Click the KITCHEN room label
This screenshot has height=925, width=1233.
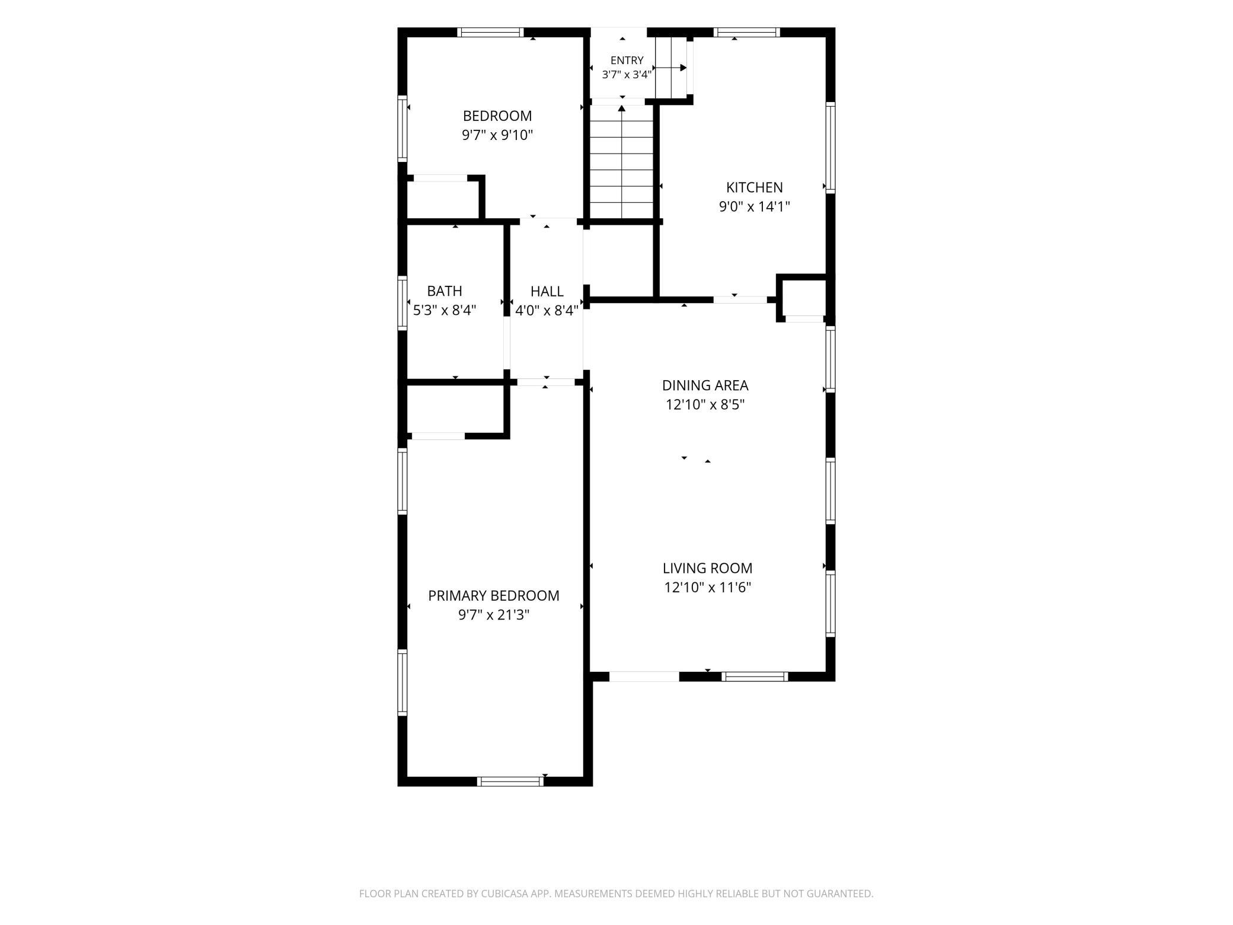(x=754, y=187)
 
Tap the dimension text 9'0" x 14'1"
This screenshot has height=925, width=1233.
(x=754, y=207)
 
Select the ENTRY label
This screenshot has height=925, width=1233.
(x=627, y=60)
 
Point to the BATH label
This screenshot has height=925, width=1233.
(x=445, y=291)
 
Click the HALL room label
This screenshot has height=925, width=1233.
(x=547, y=291)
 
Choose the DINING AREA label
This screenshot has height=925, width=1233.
(x=705, y=385)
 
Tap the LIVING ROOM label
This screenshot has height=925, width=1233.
(x=707, y=568)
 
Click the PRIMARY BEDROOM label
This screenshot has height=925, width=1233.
(x=493, y=595)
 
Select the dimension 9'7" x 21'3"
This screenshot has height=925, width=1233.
(x=493, y=615)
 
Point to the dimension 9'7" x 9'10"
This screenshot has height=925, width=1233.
(x=497, y=135)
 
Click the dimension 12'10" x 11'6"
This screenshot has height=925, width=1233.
(x=707, y=588)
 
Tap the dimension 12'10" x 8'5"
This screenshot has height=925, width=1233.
(x=705, y=405)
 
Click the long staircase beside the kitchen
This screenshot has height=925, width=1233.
(x=621, y=162)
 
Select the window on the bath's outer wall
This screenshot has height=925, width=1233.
(x=403, y=302)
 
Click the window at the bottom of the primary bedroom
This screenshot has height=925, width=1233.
(x=510, y=782)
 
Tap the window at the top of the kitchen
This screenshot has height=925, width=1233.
(x=746, y=32)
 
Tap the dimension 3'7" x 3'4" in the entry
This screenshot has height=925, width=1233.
(x=627, y=75)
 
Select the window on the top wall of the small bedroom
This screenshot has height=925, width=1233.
(x=490, y=32)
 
